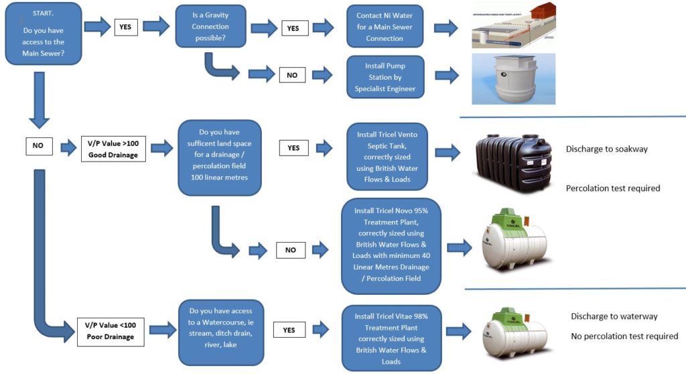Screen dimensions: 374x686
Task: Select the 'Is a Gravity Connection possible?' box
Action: [x=210, y=27]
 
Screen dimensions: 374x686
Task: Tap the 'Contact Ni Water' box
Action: [x=385, y=27]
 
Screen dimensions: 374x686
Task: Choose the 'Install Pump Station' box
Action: [x=385, y=76]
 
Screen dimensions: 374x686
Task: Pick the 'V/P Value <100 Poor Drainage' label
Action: [x=111, y=330]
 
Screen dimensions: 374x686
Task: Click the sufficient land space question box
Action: [x=218, y=157]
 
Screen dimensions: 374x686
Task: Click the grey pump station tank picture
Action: [x=512, y=78]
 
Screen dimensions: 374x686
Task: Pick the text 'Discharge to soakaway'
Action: [x=606, y=149]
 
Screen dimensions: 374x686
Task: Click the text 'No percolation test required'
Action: [x=624, y=336]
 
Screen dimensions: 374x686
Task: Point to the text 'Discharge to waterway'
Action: [x=614, y=316]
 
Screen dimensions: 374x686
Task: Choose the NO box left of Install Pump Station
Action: [x=292, y=75]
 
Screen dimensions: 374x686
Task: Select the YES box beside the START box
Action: [x=125, y=27]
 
